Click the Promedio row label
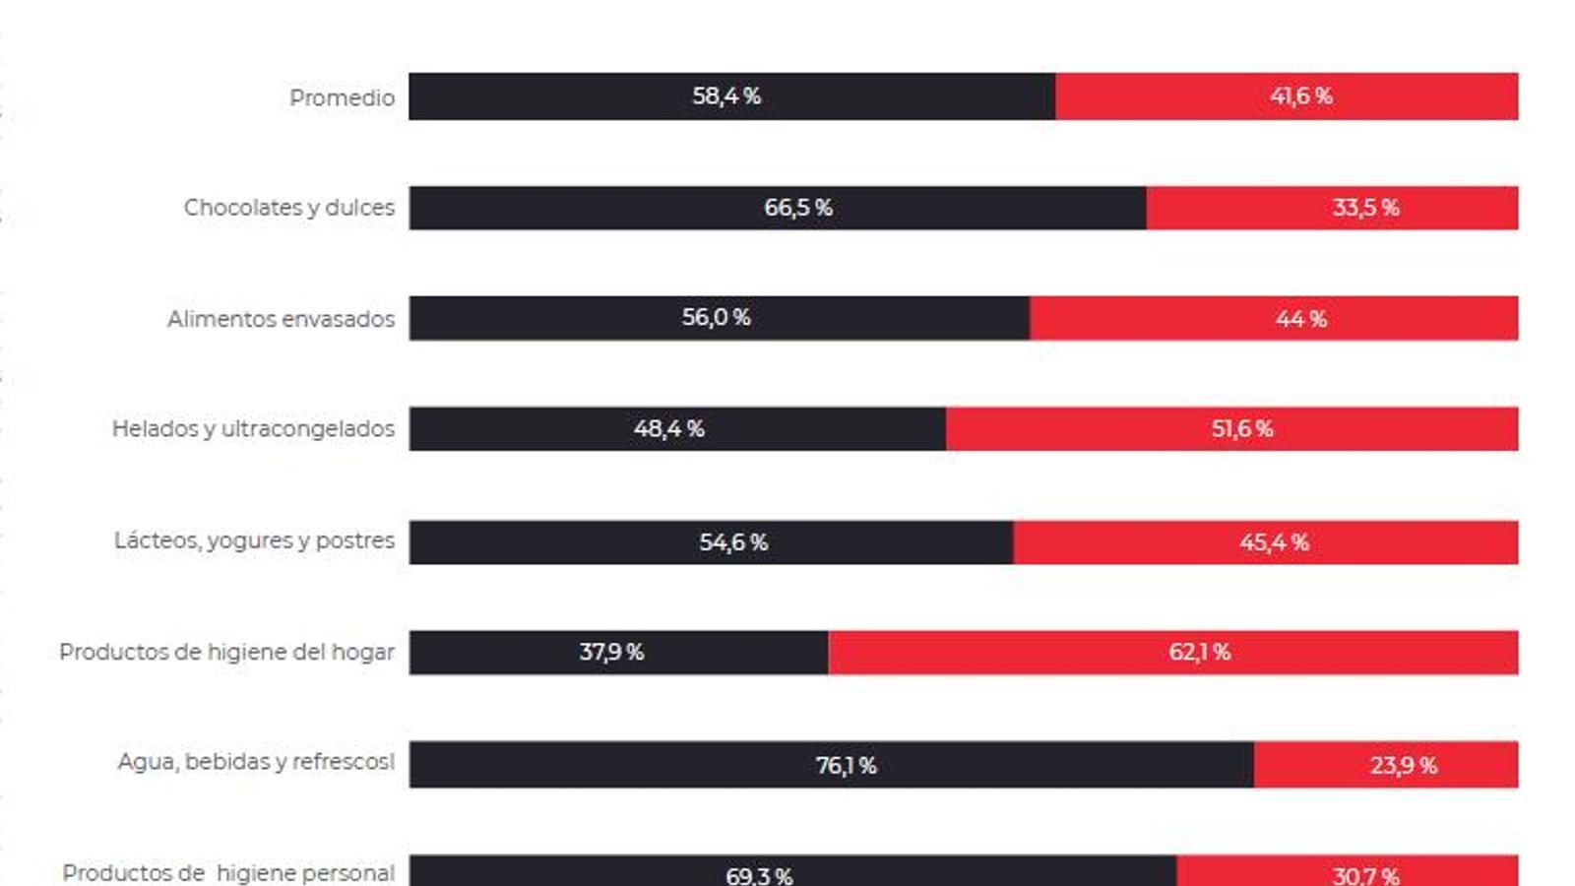point(342,97)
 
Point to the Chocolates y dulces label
point(288,208)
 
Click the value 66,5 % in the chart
point(798,208)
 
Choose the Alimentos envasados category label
point(281,319)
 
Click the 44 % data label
point(1301,319)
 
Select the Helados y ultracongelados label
point(253,429)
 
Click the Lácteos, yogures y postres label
point(254,540)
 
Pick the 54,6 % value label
point(733,542)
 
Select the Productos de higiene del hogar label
point(226,652)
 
